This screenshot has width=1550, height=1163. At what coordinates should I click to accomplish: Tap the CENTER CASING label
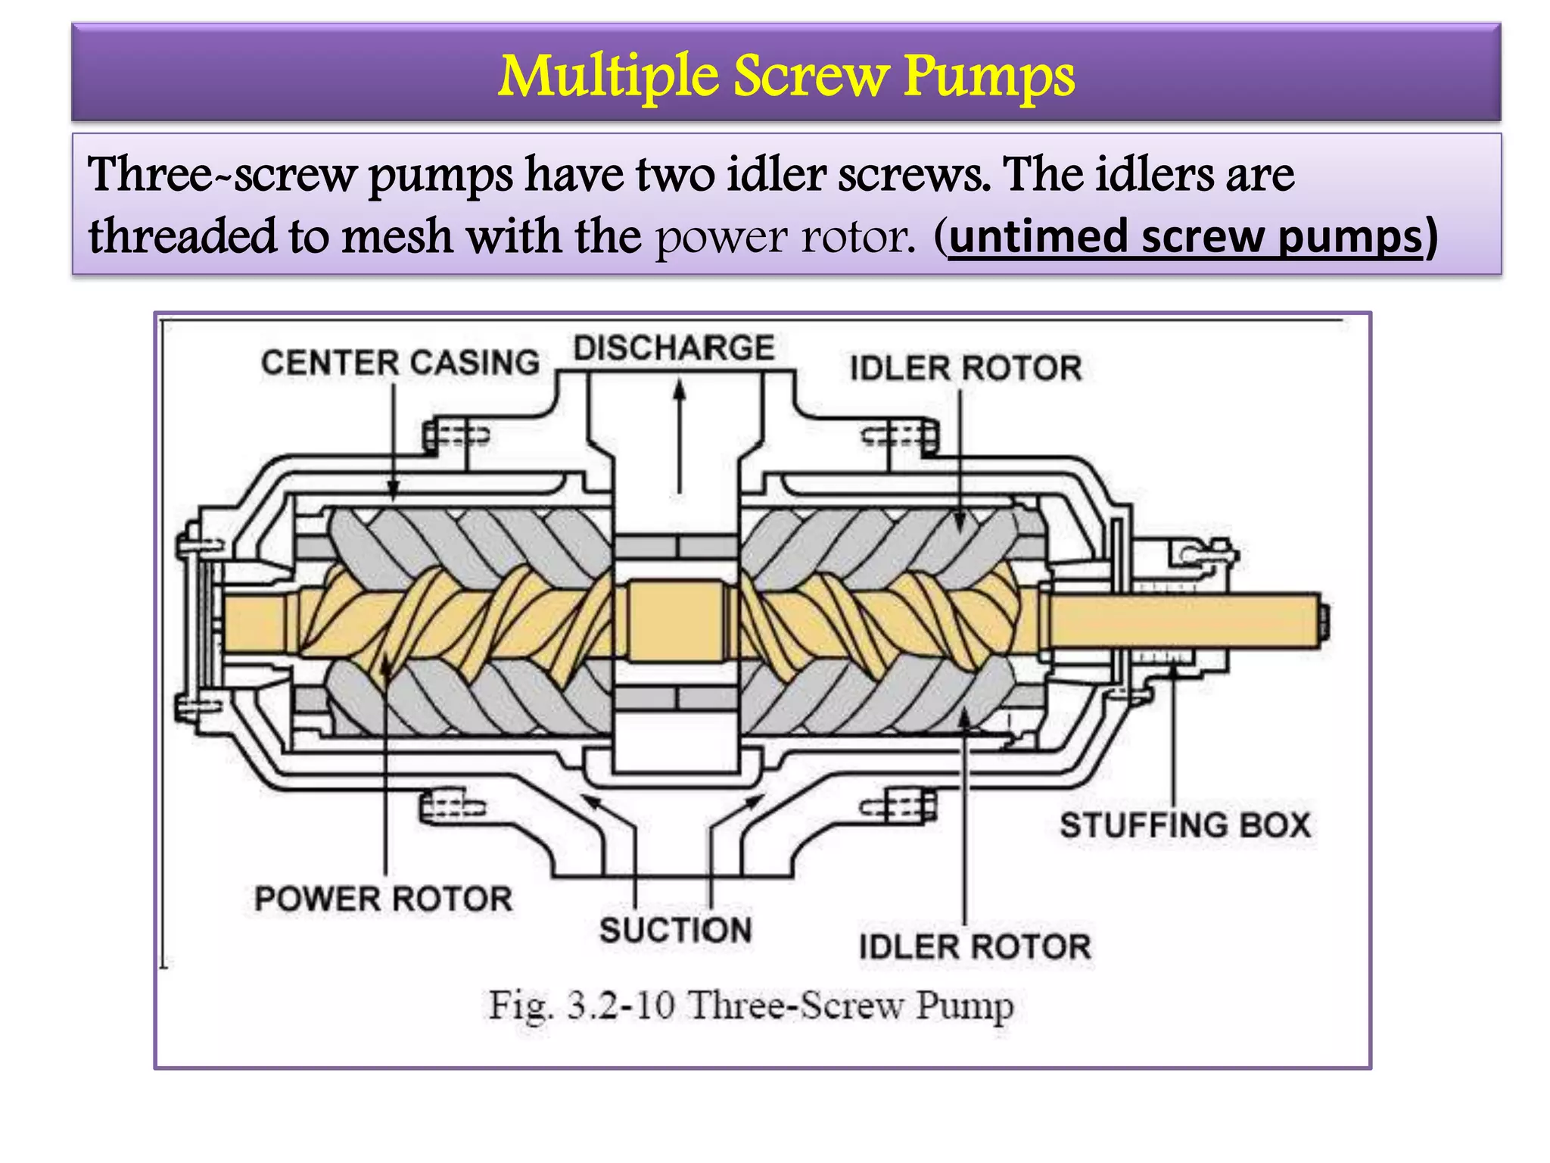tap(400, 363)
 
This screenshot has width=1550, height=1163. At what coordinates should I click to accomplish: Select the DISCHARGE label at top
tap(674, 348)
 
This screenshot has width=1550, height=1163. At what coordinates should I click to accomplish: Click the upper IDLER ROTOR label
tap(965, 368)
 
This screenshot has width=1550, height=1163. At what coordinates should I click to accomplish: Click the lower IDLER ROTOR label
tap(974, 946)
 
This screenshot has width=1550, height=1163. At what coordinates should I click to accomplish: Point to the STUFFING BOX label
tap(1184, 825)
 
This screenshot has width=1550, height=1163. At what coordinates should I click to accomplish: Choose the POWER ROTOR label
tap(383, 899)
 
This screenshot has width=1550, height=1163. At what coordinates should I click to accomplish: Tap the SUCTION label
tap(675, 930)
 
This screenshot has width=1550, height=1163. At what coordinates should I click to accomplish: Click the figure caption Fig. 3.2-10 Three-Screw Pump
tap(750, 1006)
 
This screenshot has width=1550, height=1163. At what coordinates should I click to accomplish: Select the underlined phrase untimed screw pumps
tap(1185, 237)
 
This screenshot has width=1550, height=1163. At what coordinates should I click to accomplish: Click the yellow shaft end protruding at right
tap(1188, 621)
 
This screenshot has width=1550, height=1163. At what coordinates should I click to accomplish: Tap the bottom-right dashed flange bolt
tap(901, 806)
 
